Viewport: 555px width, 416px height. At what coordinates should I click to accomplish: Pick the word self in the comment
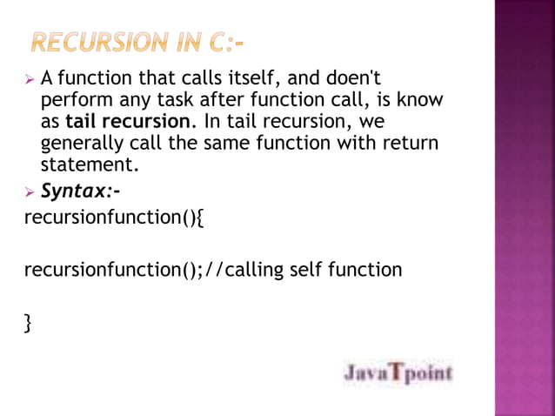pos(309,270)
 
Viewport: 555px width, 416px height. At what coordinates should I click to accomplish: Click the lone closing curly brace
pos(28,324)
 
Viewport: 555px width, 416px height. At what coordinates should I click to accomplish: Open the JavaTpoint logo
pos(398,373)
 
